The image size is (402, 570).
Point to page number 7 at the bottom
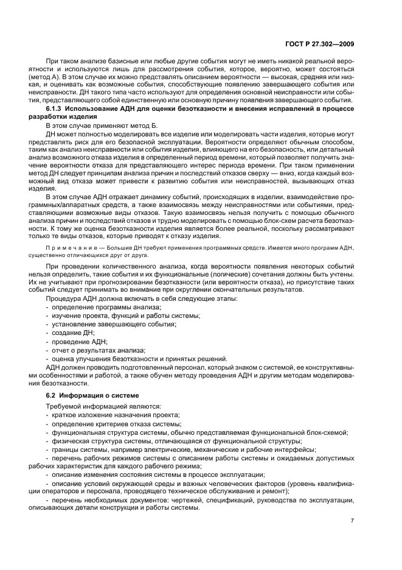[x=352, y=521]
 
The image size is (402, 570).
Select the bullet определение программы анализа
[x=95, y=308]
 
